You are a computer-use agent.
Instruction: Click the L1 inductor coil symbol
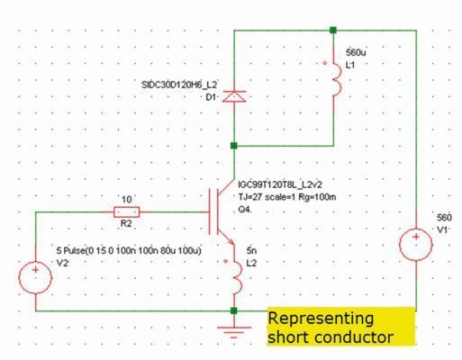point(335,80)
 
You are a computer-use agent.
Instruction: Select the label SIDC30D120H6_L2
point(180,84)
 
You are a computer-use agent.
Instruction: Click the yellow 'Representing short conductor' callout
point(340,328)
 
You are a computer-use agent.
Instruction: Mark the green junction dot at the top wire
point(335,30)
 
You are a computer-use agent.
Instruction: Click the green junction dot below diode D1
point(234,144)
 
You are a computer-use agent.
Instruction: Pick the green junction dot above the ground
point(234,311)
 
